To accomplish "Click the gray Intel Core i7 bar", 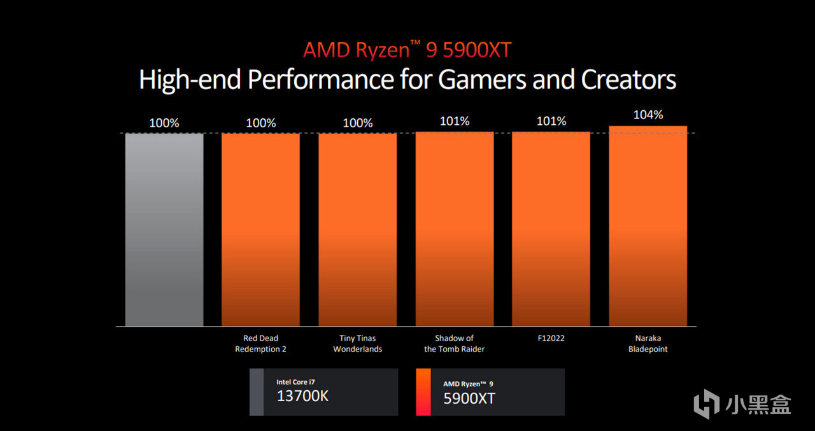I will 164,229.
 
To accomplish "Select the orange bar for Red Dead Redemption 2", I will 260,229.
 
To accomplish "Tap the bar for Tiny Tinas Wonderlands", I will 357,229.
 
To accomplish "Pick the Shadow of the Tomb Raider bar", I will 455,229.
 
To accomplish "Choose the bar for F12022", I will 551,229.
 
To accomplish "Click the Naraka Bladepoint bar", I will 648,226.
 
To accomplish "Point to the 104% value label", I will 648,115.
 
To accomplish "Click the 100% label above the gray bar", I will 164,123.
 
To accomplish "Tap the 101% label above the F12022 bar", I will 551,121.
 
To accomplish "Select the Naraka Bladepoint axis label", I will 648,344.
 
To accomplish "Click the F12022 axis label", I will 551,339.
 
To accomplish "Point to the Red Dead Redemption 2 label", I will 260,344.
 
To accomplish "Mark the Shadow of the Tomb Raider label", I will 455,344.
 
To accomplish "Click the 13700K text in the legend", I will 302,397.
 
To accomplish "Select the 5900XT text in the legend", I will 469,399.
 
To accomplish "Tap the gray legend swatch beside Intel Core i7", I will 256,392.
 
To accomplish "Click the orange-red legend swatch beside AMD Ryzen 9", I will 423,392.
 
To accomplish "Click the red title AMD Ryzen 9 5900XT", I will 407,50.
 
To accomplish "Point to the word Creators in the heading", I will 628,80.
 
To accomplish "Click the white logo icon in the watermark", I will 706,405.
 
